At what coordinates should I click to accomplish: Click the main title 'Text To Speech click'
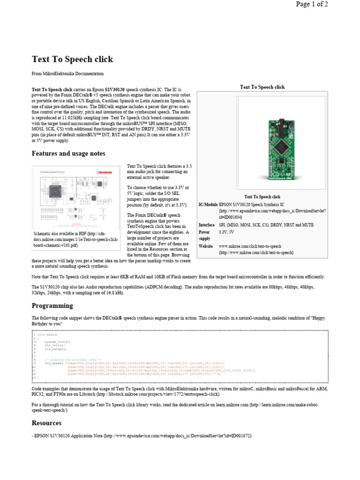72,60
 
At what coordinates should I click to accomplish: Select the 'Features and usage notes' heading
68,154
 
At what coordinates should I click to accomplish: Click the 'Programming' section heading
52,306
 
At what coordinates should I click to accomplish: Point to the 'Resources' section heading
46,423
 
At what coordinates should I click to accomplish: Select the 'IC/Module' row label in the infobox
208,205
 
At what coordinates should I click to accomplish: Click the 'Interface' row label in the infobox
207,225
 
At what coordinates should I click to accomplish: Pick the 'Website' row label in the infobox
206,246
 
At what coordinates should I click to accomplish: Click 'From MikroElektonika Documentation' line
67,74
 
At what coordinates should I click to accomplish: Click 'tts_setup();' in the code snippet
56,349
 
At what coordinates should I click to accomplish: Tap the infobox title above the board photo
262,87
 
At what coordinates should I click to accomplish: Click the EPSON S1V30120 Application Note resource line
142,436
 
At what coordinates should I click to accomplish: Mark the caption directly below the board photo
262,197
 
